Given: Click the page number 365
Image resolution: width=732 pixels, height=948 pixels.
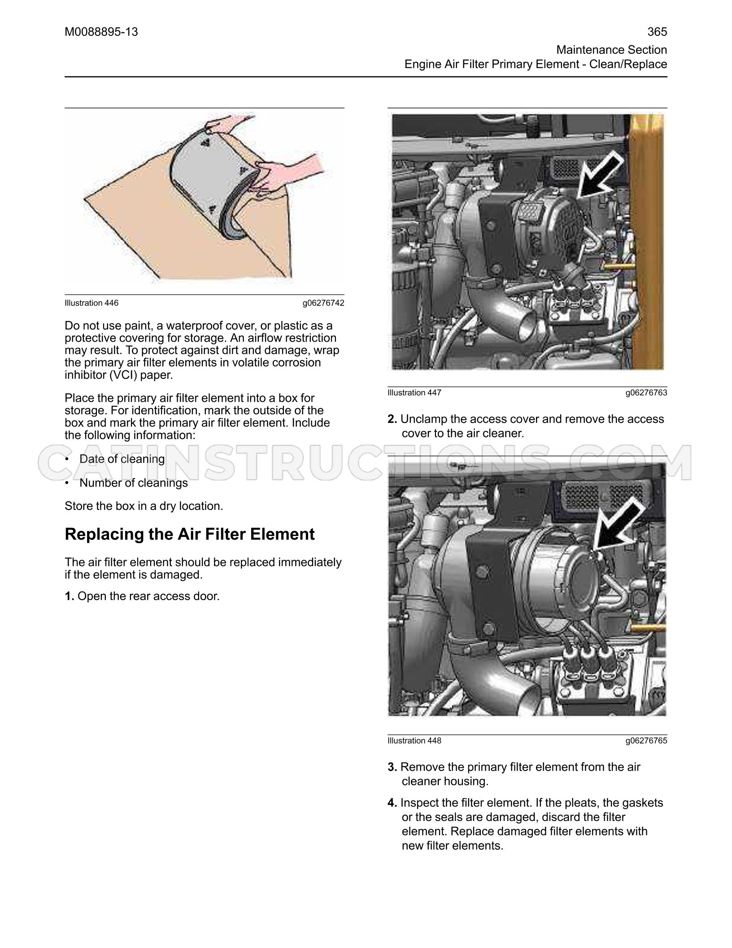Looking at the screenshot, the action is (657, 32).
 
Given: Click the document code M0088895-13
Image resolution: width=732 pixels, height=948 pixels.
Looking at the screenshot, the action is (101, 32).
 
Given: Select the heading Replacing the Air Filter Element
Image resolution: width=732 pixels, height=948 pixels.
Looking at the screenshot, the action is (190, 534).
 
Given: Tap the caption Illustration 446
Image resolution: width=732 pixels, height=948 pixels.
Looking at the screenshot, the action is (91, 303).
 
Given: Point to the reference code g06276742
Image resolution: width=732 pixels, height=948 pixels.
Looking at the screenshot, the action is (323, 303).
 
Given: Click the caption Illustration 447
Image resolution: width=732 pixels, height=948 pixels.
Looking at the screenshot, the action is (414, 393).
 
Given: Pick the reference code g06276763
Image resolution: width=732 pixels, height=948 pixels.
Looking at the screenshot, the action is (646, 393).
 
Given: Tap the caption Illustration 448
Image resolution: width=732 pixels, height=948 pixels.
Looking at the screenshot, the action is (414, 741).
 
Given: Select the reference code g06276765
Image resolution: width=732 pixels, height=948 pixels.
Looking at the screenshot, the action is (646, 741).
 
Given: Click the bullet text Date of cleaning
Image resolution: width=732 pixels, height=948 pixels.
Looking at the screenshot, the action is (122, 459).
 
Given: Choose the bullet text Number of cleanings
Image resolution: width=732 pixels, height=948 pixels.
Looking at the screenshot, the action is (134, 483).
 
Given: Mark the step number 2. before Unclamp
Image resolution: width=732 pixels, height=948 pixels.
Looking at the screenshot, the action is (392, 419).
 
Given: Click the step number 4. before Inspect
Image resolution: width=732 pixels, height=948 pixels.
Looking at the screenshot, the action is (392, 803).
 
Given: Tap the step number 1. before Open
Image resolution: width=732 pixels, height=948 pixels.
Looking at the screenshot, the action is (70, 597).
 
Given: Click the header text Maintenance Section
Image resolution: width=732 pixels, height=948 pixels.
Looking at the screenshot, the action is (612, 50).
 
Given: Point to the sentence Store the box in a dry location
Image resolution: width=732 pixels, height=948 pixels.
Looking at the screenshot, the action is (144, 506).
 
